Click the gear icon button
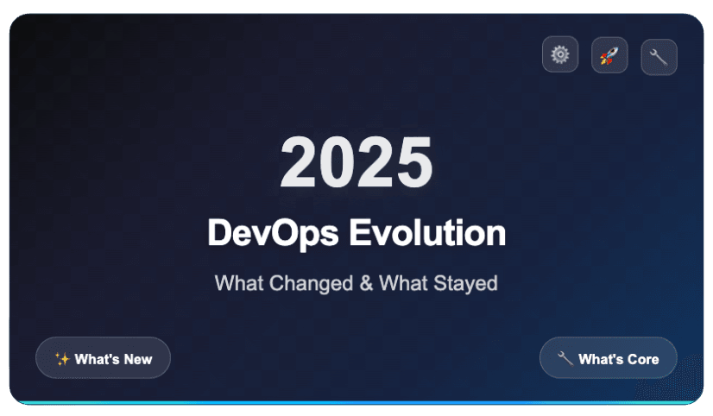[560, 55]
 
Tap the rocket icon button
[609, 55]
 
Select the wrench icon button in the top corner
[659, 57]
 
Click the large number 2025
[356, 163]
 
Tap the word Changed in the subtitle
[306, 282]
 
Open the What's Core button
[609, 358]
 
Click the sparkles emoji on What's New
[61, 359]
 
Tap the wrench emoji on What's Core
[565, 359]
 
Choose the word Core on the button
[642, 359]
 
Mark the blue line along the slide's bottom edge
[356, 402]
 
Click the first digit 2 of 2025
[299, 163]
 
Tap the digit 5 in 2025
[413, 163]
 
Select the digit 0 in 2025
[338, 163]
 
